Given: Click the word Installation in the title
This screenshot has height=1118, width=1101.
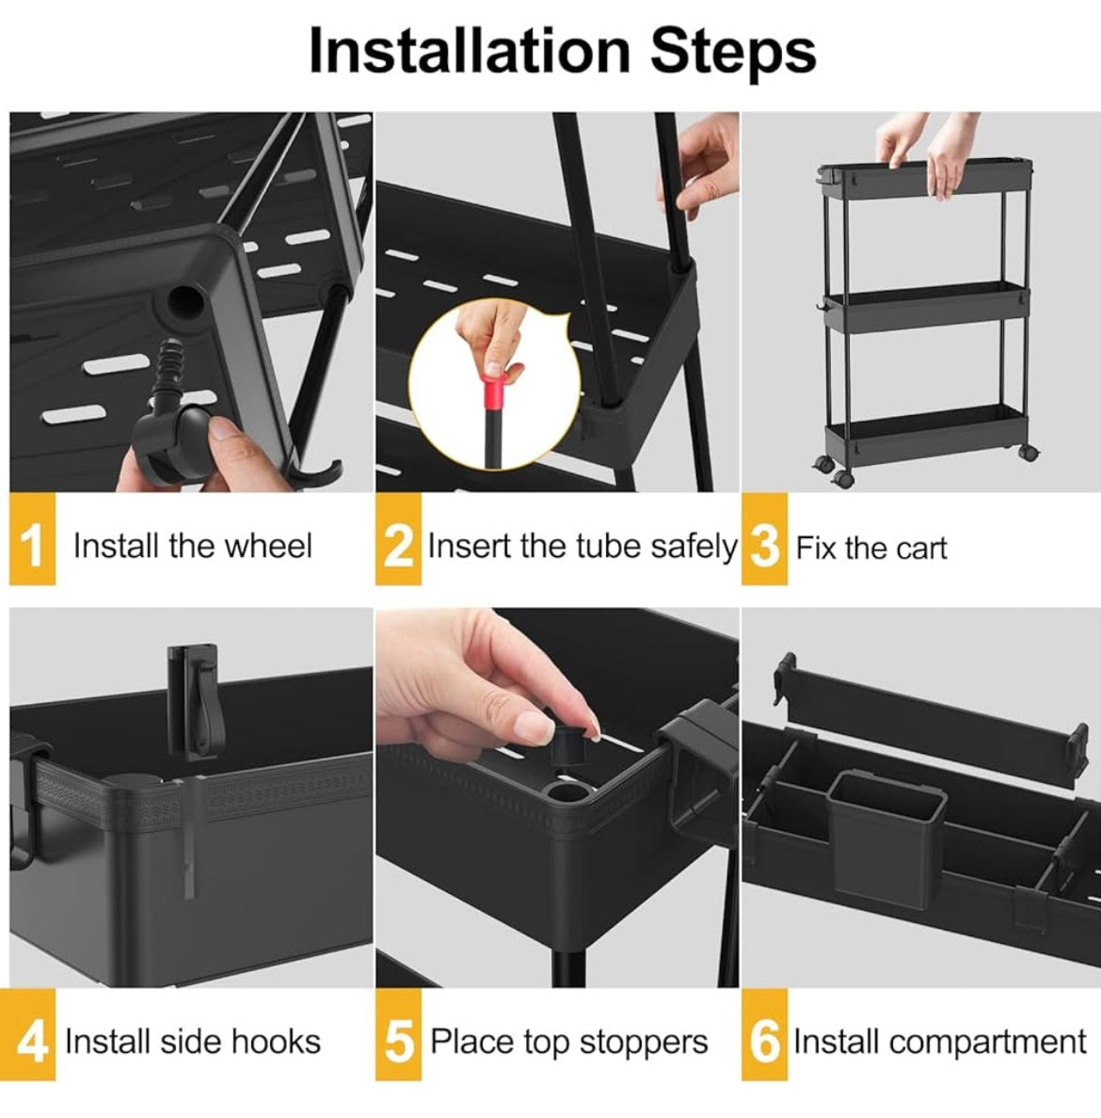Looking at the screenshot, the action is click(x=470, y=51).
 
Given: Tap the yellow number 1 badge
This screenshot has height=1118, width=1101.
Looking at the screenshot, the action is click(x=32, y=539).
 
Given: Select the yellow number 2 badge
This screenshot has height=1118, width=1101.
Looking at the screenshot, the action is click(x=398, y=539).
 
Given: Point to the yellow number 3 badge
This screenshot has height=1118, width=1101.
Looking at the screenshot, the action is click(x=764, y=539).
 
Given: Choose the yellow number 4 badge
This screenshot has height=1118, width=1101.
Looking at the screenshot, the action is click(x=32, y=1034).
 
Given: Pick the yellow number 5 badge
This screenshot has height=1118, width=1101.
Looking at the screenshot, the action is click(x=398, y=1034).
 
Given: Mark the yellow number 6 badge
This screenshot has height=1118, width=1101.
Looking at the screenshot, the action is click(x=764, y=1034).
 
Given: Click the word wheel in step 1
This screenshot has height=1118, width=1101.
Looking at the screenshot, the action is click(x=268, y=546).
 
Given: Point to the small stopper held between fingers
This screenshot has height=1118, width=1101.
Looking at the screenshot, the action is click(x=569, y=743).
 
